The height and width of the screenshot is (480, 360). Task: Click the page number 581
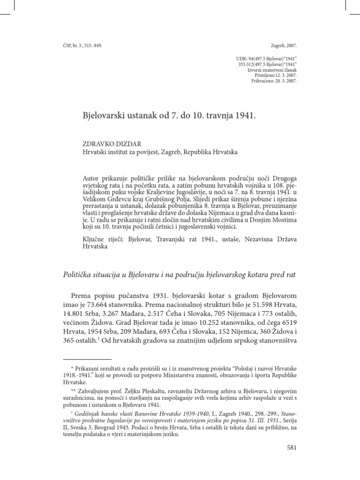click(x=292, y=447)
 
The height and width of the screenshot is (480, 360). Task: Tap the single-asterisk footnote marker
click(x=72, y=364)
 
